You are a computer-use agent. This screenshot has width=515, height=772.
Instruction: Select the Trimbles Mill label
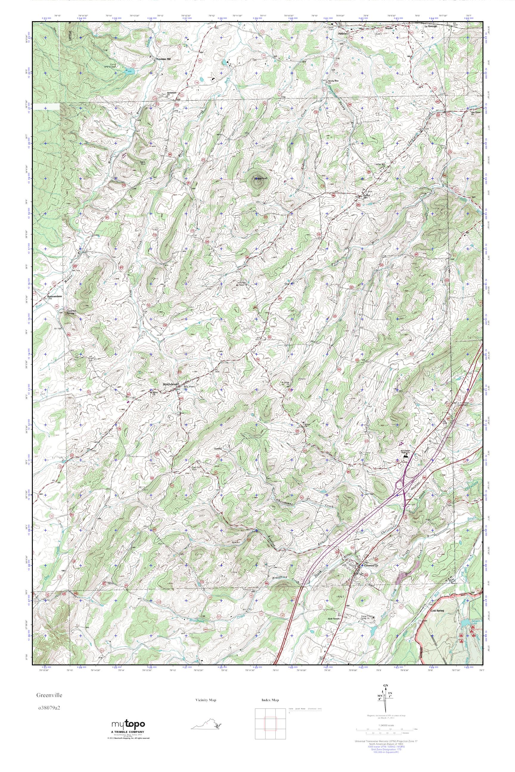pos(164,59)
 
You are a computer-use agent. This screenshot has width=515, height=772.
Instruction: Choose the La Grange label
pos(431,26)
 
